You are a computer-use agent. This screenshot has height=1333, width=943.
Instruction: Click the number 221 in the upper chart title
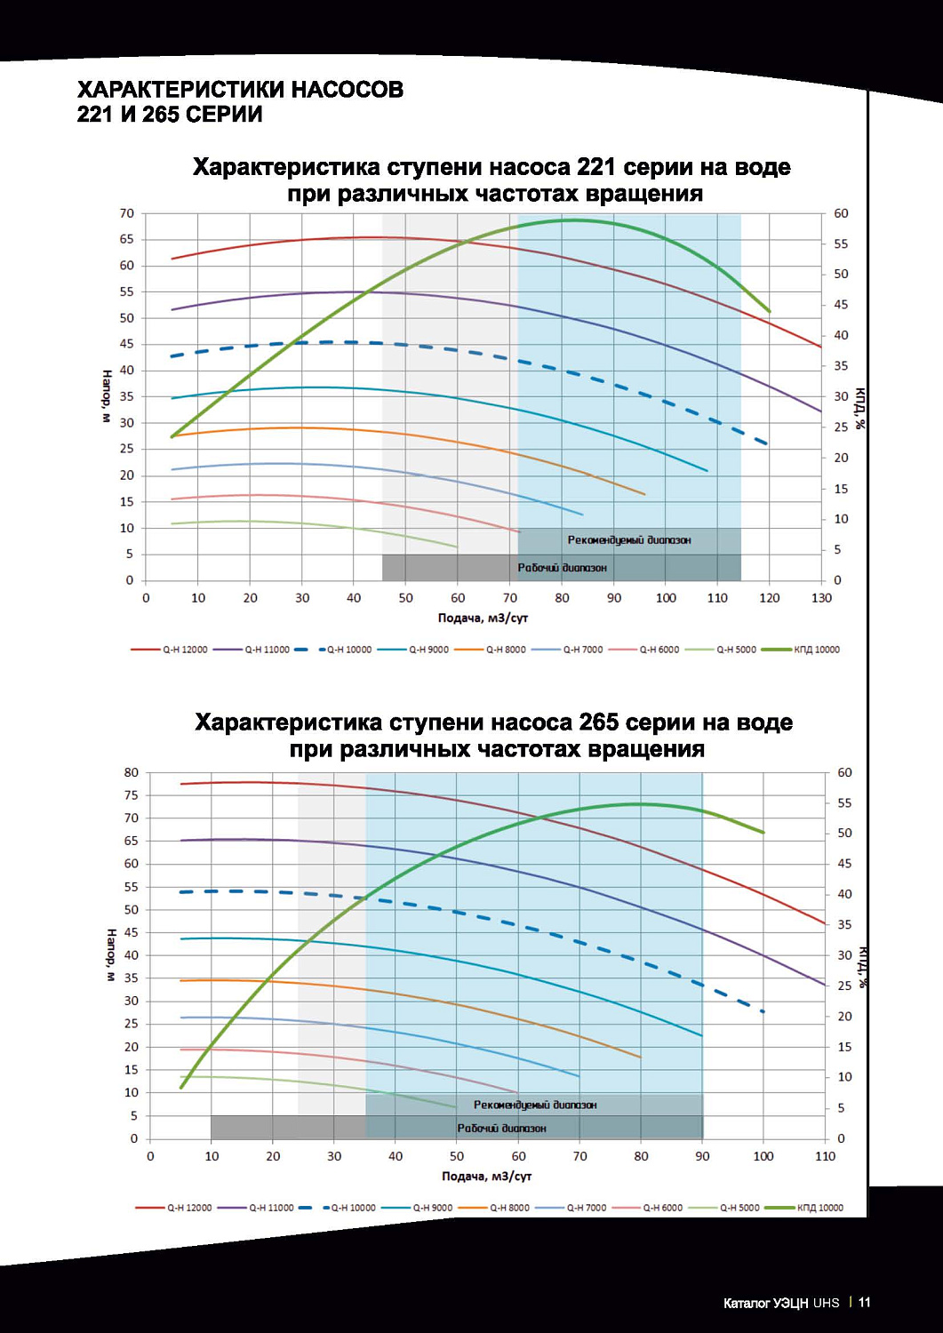pyautogui.click(x=596, y=167)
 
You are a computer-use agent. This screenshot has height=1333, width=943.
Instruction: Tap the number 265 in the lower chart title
pyautogui.click(x=598, y=722)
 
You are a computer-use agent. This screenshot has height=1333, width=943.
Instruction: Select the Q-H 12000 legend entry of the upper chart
pyautogui.click(x=170, y=650)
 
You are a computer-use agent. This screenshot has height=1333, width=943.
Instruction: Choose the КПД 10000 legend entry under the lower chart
pyautogui.click(x=804, y=1208)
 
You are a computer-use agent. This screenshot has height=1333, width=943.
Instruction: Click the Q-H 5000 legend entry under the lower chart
pyautogui.click(x=725, y=1208)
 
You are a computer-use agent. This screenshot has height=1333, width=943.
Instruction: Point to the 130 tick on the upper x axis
pyautogui.click(x=821, y=598)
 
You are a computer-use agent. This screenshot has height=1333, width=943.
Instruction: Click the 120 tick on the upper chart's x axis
pyautogui.click(x=769, y=598)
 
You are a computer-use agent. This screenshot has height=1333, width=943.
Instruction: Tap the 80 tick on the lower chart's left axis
pyautogui.click(x=132, y=772)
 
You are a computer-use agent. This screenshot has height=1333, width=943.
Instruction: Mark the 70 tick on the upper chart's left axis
pyautogui.click(x=127, y=213)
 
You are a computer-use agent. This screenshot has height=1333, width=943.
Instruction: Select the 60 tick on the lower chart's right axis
pyautogui.click(x=844, y=772)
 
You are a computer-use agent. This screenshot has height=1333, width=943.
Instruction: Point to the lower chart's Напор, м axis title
pyautogui.click(x=111, y=955)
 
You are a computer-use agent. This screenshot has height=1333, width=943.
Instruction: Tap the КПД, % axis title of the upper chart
pyautogui.click(x=859, y=409)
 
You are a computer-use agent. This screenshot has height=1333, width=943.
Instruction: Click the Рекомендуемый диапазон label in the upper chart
pyautogui.click(x=629, y=540)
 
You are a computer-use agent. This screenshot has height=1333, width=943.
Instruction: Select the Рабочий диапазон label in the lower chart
pyautogui.click(x=501, y=1128)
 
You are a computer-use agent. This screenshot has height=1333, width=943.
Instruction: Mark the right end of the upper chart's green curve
pyautogui.click(x=769, y=311)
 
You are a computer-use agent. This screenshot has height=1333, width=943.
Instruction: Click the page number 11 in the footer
pyautogui.click(x=864, y=1303)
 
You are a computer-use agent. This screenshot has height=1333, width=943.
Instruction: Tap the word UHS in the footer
pyautogui.click(x=826, y=1303)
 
